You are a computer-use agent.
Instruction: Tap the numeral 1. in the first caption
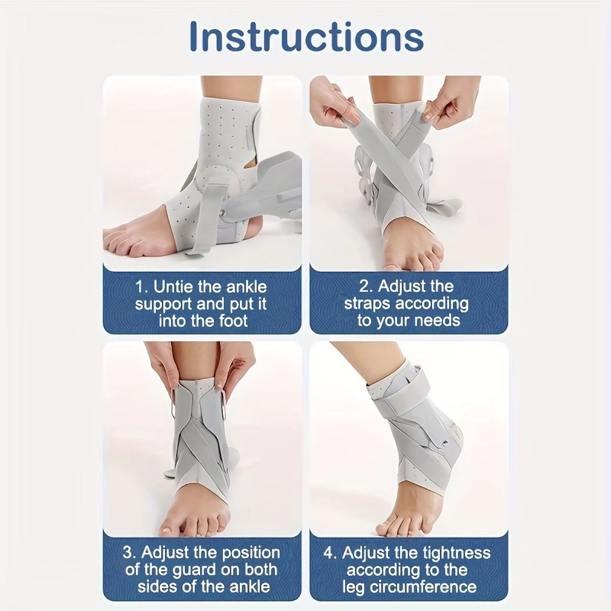[x=141, y=287]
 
